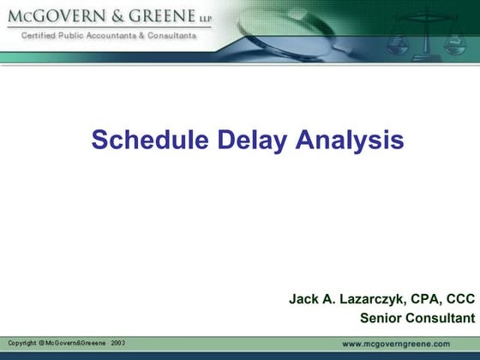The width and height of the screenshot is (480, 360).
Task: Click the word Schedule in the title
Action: pos(143,140)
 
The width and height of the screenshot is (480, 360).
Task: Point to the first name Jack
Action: pos(303,300)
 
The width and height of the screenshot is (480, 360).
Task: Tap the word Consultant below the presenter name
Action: pos(441,319)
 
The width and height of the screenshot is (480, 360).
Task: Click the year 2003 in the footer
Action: pos(117,343)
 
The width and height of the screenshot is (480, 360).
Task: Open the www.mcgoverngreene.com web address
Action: pos(408,343)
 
